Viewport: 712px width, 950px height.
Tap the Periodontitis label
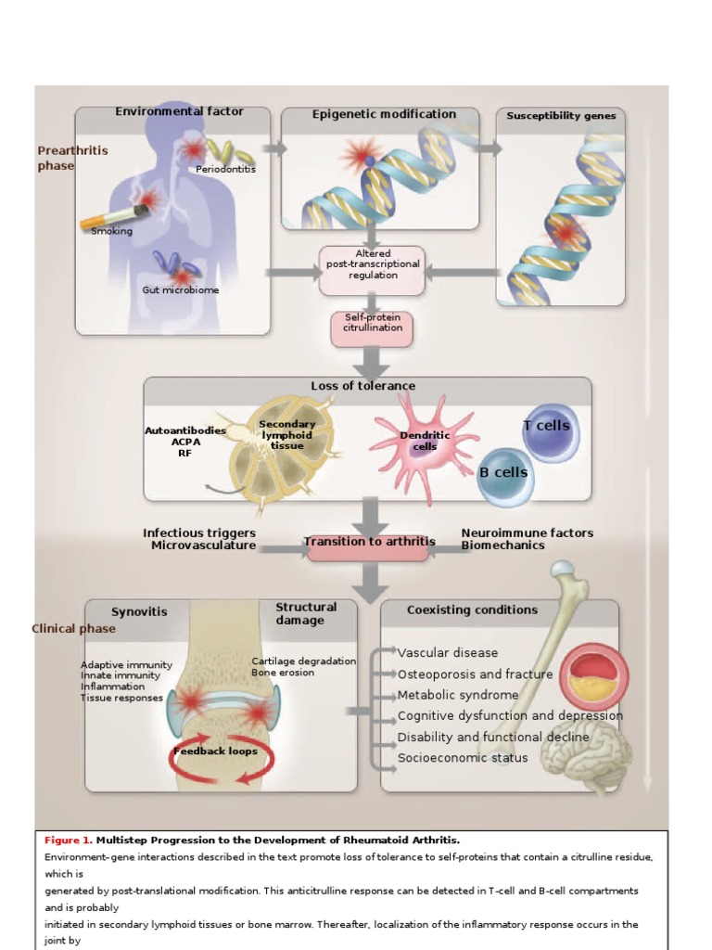(x=225, y=169)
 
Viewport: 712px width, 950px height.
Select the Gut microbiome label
(x=181, y=290)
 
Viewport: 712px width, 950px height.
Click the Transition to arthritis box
(x=369, y=542)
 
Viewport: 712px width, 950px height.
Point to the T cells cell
(x=547, y=426)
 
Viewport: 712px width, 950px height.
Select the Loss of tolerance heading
(x=362, y=386)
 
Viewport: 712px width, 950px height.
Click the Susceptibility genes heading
(x=561, y=116)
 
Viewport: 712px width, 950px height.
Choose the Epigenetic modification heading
(x=384, y=114)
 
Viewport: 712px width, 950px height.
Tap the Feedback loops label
(x=215, y=751)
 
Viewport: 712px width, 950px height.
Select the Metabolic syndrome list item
(x=458, y=695)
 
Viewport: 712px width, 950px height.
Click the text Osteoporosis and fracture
(x=475, y=674)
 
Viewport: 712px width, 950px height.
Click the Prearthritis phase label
(x=72, y=158)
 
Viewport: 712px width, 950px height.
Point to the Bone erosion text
(x=283, y=673)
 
